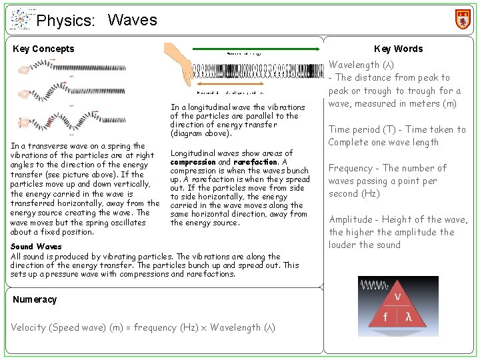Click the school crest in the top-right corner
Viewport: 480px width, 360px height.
(x=462, y=19)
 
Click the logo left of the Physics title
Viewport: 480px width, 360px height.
(x=21, y=19)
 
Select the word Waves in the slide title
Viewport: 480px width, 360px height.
(x=132, y=20)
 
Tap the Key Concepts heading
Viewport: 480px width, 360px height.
(x=43, y=49)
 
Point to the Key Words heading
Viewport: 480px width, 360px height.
(x=398, y=49)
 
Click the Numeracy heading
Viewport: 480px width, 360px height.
(x=35, y=299)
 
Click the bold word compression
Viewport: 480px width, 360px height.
(x=193, y=162)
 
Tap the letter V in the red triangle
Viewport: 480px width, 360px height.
(x=398, y=296)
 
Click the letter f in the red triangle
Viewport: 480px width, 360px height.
(x=385, y=318)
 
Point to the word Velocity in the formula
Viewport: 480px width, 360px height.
(x=30, y=327)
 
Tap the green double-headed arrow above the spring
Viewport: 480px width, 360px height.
(x=257, y=49)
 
